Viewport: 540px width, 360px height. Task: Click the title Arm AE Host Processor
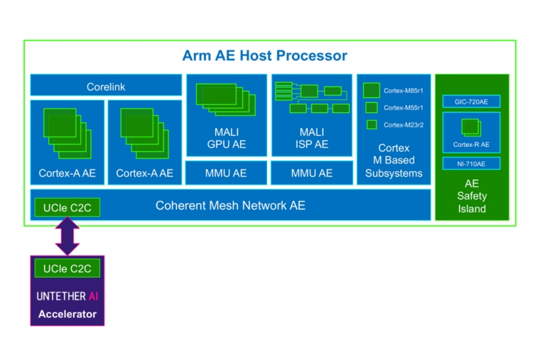(x=264, y=55)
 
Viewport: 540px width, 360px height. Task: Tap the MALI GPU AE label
(x=226, y=138)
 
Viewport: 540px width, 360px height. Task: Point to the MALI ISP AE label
(x=311, y=138)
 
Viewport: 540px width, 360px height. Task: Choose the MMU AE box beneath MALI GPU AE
(x=226, y=173)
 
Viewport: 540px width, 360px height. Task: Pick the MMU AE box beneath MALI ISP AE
(x=311, y=173)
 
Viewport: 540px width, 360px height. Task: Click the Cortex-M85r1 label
(x=403, y=91)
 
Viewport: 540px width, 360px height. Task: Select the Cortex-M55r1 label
(x=403, y=108)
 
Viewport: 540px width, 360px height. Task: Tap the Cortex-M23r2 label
(x=403, y=125)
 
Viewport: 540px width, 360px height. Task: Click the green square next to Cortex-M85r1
(x=371, y=90)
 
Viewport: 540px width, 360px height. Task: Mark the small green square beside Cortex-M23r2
(x=372, y=125)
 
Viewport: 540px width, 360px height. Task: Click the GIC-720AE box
(x=471, y=102)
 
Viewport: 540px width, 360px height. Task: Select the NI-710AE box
(x=471, y=163)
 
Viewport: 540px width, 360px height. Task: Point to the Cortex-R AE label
(x=471, y=145)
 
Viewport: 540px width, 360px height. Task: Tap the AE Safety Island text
(x=471, y=196)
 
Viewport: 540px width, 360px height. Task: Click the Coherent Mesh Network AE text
(x=230, y=205)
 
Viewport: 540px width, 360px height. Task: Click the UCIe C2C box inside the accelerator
(x=67, y=268)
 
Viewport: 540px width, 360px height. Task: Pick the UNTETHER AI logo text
(x=67, y=295)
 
